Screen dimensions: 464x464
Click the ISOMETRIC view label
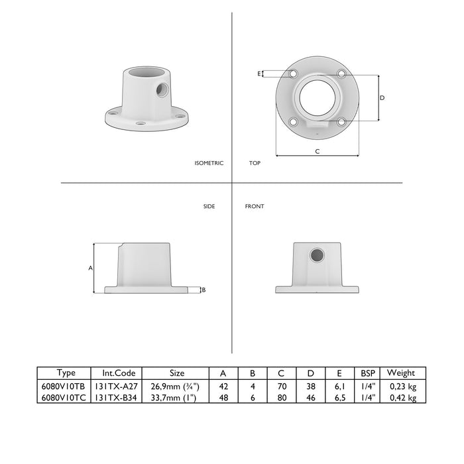(x=209, y=163)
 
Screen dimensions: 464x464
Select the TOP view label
(x=255, y=163)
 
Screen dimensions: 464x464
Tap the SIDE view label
(x=209, y=207)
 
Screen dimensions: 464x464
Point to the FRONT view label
(x=255, y=207)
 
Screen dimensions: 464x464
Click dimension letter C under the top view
(x=318, y=151)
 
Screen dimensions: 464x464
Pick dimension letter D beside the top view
(x=382, y=97)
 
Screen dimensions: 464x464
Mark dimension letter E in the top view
(x=259, y=74)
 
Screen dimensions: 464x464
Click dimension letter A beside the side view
(x=89, y=268)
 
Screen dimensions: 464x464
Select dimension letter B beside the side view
(x=203, y=290)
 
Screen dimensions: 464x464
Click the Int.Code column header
(x=120, y=373)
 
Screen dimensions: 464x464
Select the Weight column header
(x=400, y=373)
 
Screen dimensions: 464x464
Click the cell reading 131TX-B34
(x=120, y=398)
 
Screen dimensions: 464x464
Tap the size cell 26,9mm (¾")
(x=175, y=386)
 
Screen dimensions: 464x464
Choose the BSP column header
(x=368, y=373)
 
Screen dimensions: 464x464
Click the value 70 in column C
(x=281, y=386)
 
